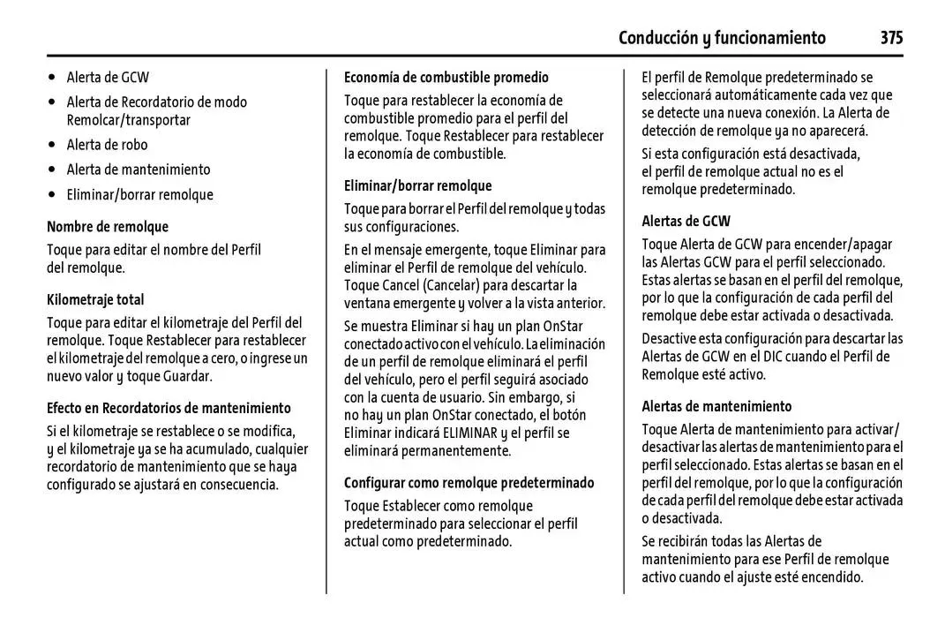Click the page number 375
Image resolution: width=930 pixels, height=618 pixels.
coord(890,37)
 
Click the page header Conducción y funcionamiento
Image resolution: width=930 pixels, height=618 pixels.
coord(722,37)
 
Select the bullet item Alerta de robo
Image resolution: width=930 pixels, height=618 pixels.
coord(107,144)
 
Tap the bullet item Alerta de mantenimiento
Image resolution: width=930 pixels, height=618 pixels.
coord(139,169)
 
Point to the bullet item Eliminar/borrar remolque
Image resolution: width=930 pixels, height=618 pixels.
coord(139,194)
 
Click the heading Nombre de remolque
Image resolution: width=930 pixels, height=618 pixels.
coord(108,227)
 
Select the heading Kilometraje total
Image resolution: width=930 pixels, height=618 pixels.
coord(95,300)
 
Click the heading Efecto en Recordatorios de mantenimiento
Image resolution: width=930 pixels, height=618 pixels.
coord(169,408)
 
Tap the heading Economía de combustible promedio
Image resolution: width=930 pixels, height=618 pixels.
coord(446,78)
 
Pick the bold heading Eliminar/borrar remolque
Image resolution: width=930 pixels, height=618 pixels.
coord(417,186)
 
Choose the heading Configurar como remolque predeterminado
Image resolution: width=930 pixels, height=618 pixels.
coord(469,483)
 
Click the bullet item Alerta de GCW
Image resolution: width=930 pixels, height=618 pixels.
coord(108,77)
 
